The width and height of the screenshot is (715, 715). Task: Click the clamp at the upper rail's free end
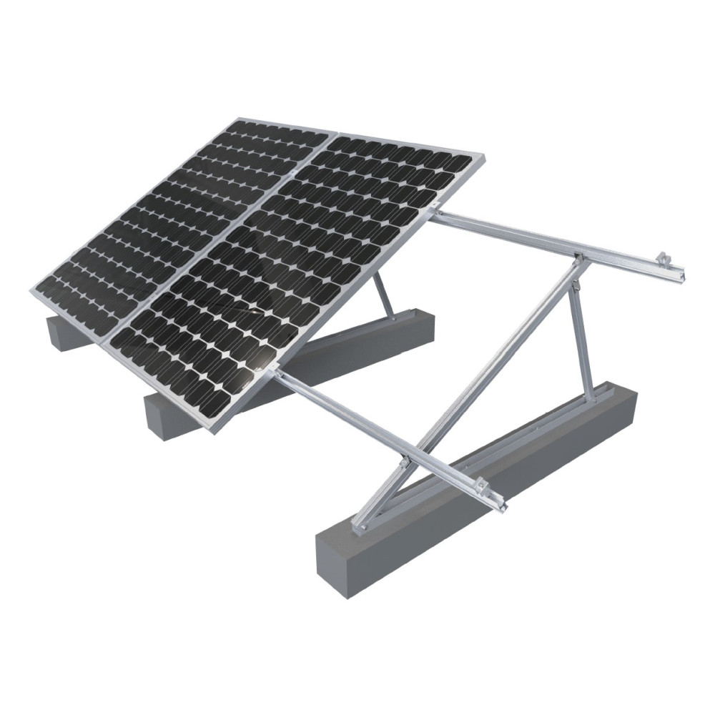pos(664,258)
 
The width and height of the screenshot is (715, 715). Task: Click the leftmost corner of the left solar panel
pos(31,291)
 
